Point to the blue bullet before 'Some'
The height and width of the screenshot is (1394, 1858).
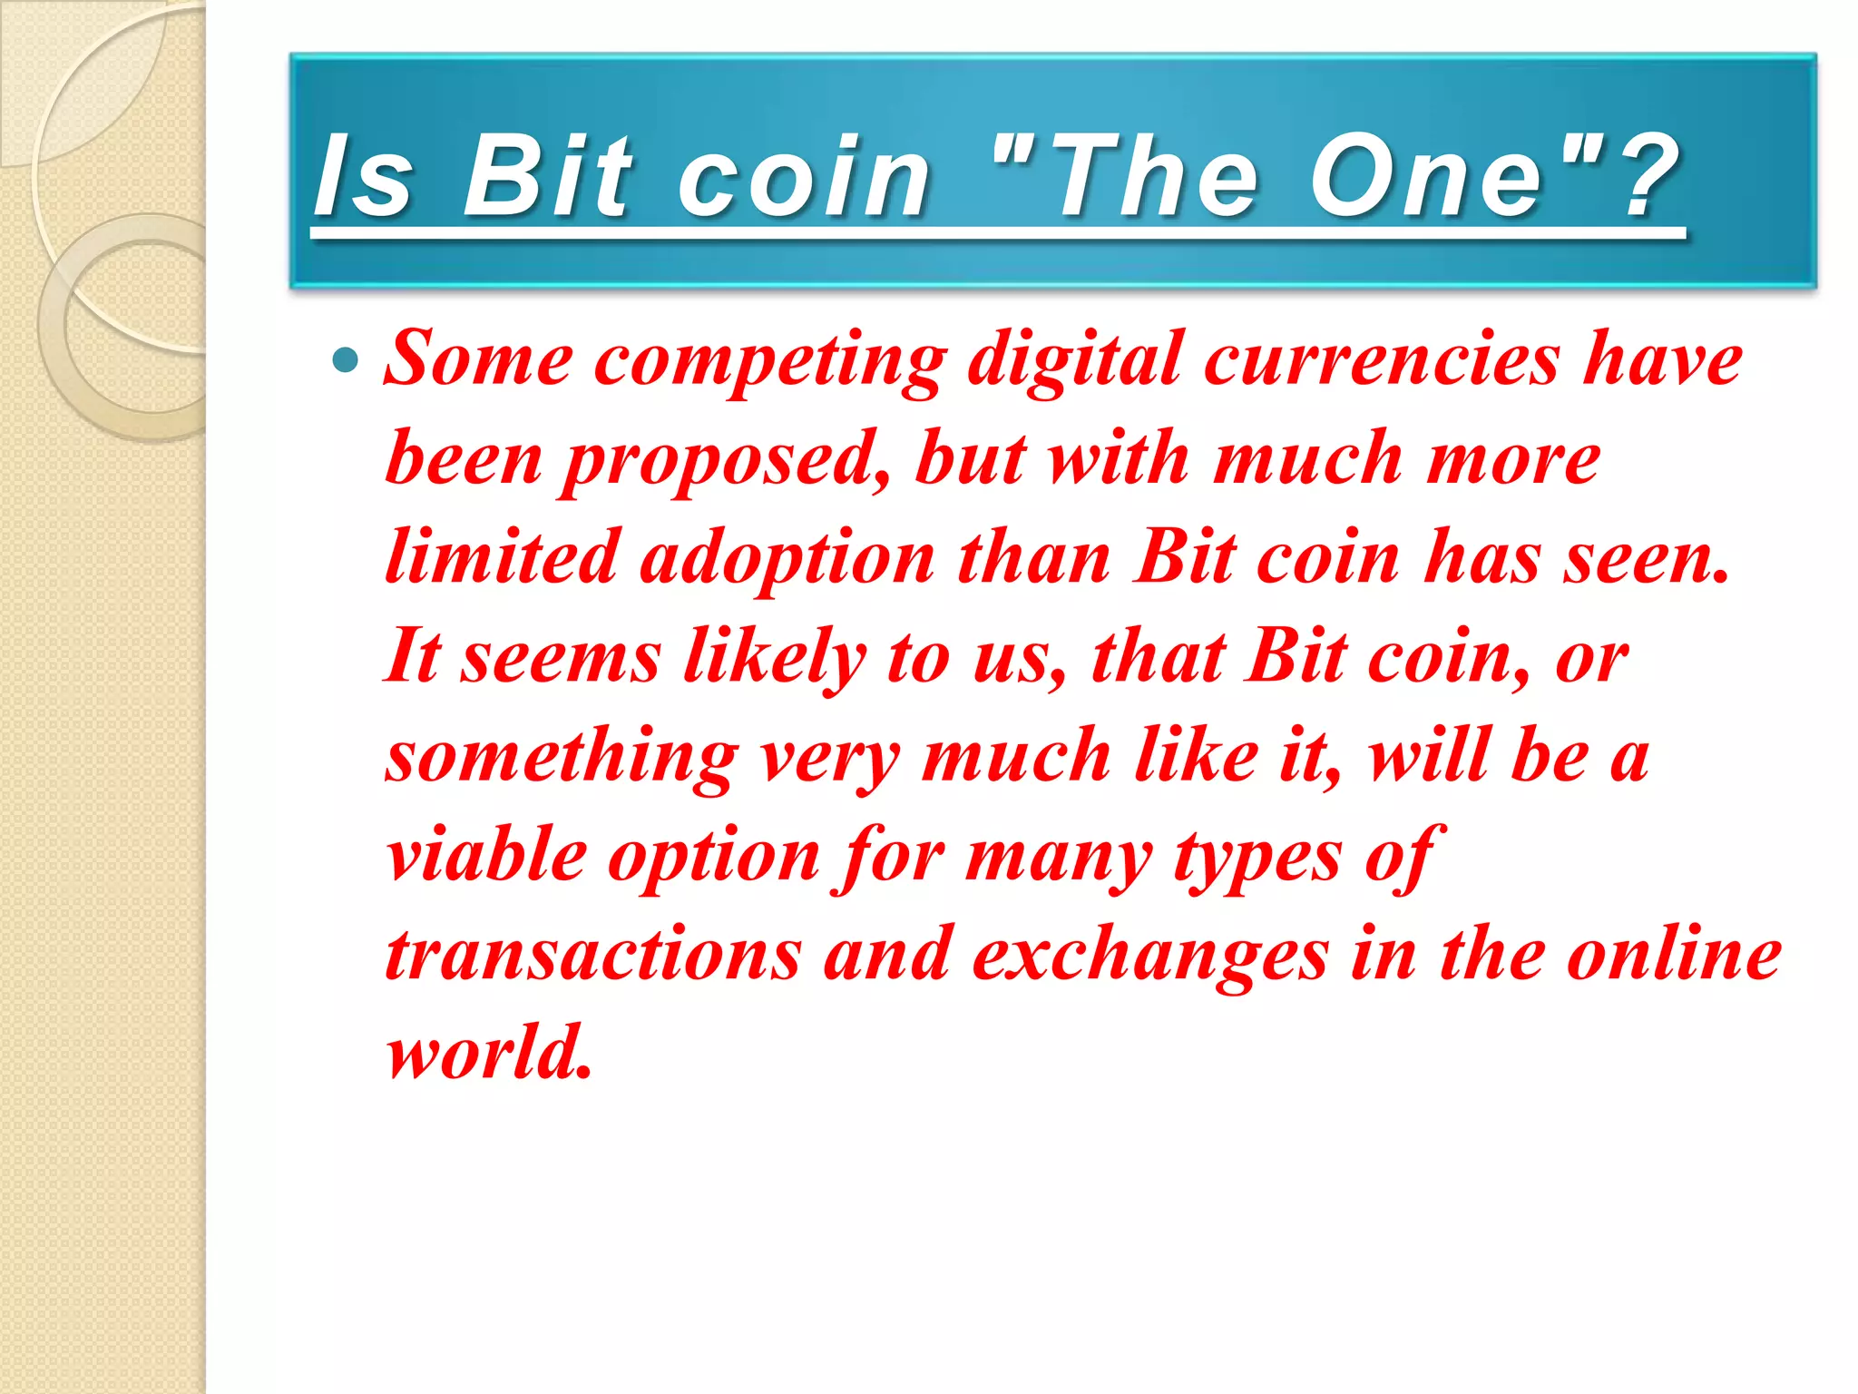pos(346,362)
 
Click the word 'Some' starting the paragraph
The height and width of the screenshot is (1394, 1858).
pos(478,360)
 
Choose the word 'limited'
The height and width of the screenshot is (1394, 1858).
pos(502,557)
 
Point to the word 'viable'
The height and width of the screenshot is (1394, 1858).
pos(486,855)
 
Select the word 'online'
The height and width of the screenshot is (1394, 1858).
pos(1674,955)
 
